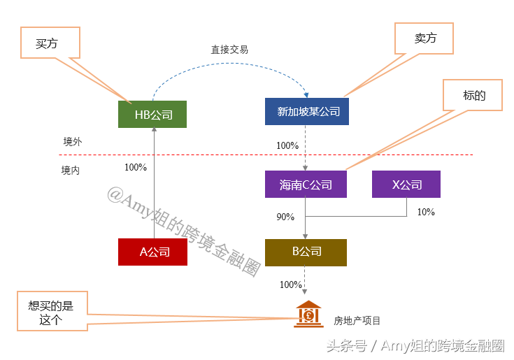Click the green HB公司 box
(152, 115)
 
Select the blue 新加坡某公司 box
(307, 111)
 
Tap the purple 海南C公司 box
(306, 184)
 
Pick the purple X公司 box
(406, 184)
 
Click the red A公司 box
(152, 252)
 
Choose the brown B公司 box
(306, 252)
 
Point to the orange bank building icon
(308, 314)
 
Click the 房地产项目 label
(357, 321)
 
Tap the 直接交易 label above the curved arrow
(229, 50)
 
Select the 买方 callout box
(50, 43)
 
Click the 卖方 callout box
(424, 38)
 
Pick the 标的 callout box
(473, 95)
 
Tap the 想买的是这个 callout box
(52, 311)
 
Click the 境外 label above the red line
(73, 142)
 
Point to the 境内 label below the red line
(71, 171)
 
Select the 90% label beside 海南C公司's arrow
(285, 217)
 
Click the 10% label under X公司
(426, 212)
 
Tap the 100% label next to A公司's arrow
(136, 167)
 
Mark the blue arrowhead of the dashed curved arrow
(306, 95)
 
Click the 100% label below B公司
(291, 285)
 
